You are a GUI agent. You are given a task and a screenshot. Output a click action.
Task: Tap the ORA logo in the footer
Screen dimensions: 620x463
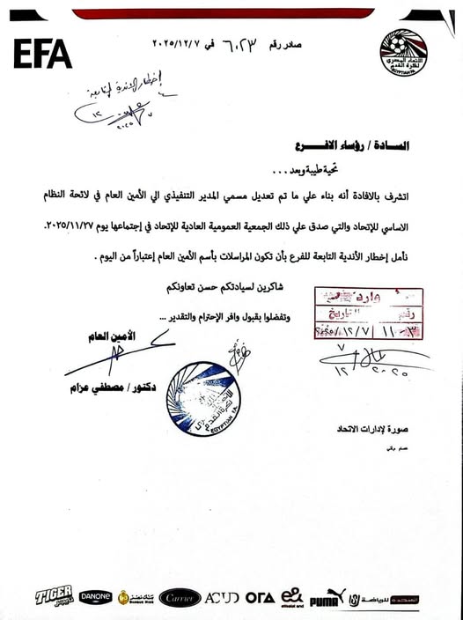[260, 597]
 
